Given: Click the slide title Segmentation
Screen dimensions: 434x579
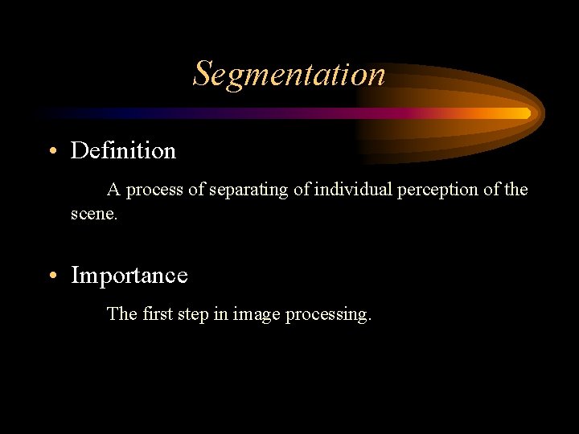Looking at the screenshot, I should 289,74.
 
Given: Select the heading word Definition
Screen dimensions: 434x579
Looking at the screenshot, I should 123,150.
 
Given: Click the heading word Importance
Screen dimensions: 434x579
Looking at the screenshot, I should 129,276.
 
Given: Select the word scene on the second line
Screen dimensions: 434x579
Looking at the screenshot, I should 92,215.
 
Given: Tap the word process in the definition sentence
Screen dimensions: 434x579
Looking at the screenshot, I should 154,190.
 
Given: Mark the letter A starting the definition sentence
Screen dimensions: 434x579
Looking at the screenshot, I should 114,190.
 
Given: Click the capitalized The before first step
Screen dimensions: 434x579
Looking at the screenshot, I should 122,313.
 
